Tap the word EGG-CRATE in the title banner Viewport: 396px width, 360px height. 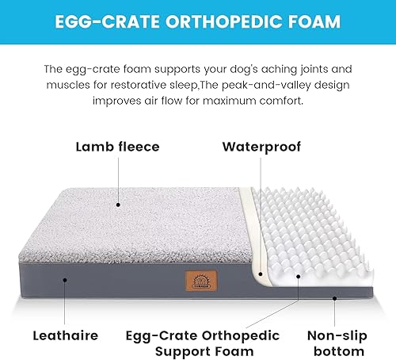[x=103, y=21]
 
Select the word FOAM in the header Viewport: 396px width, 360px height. [x=314, y=21]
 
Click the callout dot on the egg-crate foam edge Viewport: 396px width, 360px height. [x=299, y=278]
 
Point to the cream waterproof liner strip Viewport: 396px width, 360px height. [x=252, y=238]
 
